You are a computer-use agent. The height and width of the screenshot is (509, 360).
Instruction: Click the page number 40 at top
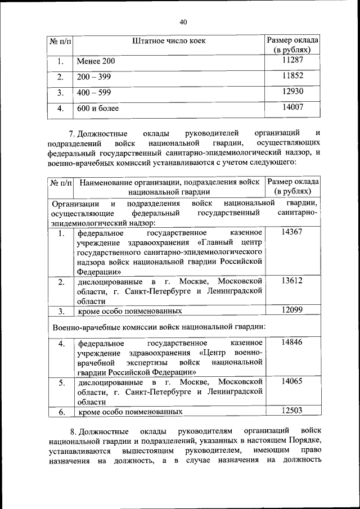pyautogui.click(x=183, y=22)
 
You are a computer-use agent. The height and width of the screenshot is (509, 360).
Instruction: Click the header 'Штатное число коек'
pyautogui.click(x=169, y=40)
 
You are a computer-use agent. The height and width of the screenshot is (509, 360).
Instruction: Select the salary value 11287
pyautogui.click(x=292, y=59)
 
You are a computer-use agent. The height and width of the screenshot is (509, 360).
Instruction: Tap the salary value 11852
pyautogui.click(x=292, y=75)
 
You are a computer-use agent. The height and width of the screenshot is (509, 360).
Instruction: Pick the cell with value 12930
pyautogui.click(x=292, y=91)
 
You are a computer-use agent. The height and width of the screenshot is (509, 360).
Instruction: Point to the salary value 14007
pyautogui.click(x=292, y=107)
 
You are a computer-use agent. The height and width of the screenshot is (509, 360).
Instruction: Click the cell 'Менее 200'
pyautogui.click(x=96, y=61)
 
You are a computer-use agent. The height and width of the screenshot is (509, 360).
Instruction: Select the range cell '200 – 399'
pyautogui.click(x=94, y=76)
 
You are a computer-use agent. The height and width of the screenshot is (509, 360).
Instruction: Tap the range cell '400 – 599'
pyautogui.click(x=94, y=92)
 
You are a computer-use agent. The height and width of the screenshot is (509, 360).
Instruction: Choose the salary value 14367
pyautogui.click(x=292, y=232)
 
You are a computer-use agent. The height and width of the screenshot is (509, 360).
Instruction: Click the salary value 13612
pyautogui.click(x=292, y=280)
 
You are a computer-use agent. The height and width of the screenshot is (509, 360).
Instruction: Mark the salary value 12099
pyautogui.click(x=292, y=309)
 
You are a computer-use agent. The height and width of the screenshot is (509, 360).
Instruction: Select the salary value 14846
pyautogui.click(x=292, y=342)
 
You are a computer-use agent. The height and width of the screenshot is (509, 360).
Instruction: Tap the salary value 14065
pyautogui.click(x=292, y=381)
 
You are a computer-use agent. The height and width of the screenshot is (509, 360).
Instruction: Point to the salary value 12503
pyautogui.click(x=292, y=411)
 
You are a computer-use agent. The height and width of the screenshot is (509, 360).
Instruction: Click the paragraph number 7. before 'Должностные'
pyautogui.click(x=72, y=133)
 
